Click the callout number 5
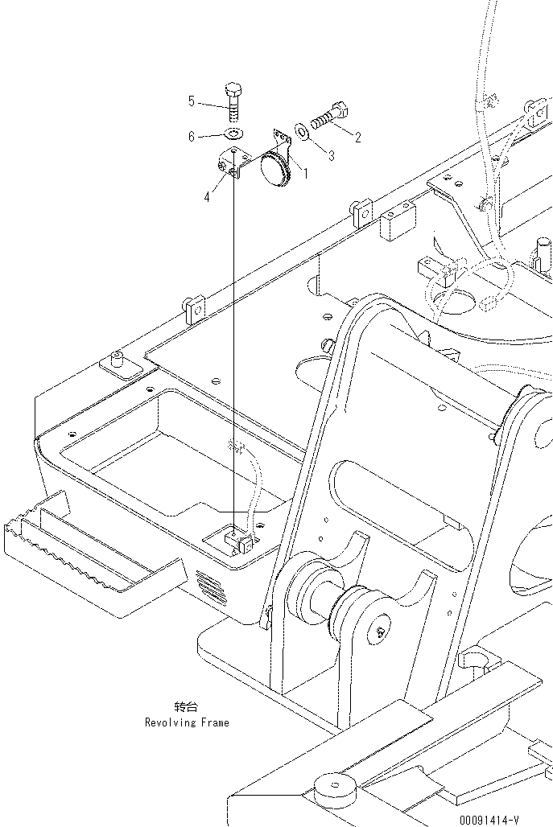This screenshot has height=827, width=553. tap(192, 101)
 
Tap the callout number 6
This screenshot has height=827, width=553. tap(192, 137)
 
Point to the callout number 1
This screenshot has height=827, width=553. tap(303, 171)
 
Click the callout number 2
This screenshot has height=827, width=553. tap(357, 138)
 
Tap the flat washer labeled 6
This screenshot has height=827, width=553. tap(233, 133)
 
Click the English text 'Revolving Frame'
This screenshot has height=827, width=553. tap(187, 722)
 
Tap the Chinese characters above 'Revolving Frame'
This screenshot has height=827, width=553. tap(186, 707)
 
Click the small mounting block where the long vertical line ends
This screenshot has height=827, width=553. tap(239, 540)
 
